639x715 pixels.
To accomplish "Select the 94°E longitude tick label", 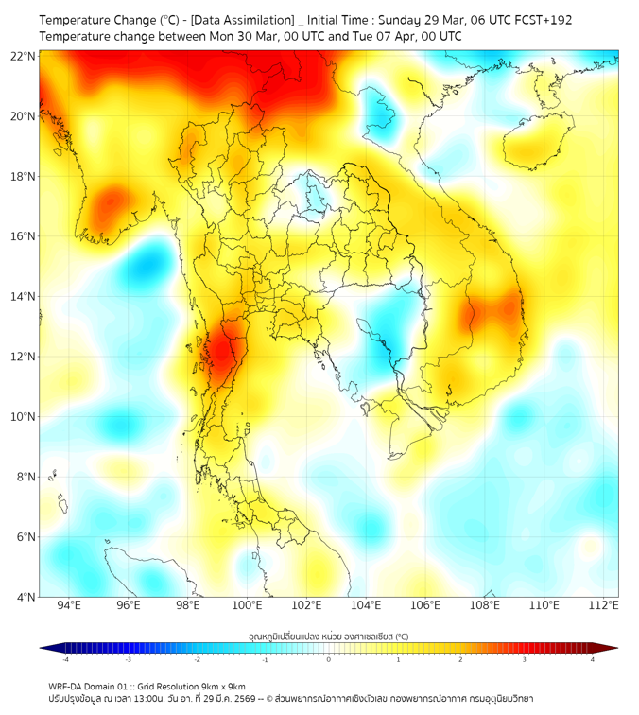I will pos(69,605).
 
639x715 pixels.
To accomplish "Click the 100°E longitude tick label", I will pos(247,605).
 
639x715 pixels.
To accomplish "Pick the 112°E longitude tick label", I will pos(603,605).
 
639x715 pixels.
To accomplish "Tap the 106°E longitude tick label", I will pos(425,605).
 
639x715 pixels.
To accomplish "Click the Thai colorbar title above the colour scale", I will pos(328,637).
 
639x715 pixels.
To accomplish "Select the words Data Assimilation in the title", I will pos(243,19).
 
